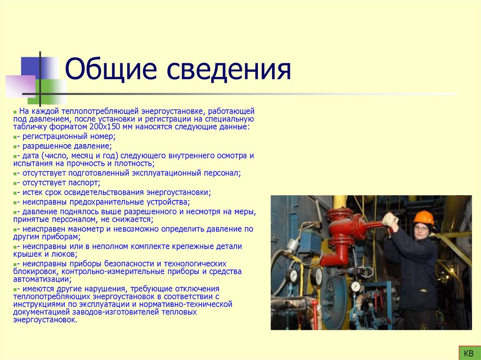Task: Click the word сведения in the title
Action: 227,70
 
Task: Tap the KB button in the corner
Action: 468,353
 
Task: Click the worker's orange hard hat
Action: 423,217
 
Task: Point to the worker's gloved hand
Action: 389,219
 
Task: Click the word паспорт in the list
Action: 85,183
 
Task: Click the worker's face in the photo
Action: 422,229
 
